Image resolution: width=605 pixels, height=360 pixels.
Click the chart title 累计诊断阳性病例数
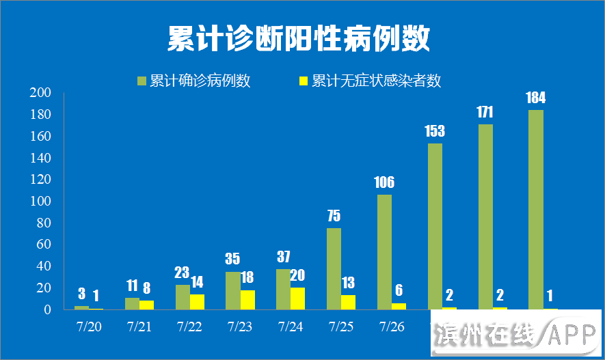[x=299, y=39]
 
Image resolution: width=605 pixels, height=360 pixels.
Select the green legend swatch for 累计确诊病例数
[x=142, y=81]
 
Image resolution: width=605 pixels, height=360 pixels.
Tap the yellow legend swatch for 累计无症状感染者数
[x=303, y=81]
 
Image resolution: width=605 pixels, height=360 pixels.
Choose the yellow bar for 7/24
[x=297, y=298]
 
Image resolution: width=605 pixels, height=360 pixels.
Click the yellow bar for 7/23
[x=247, y=299]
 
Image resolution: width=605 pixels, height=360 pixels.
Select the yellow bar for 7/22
[x=197, y=301]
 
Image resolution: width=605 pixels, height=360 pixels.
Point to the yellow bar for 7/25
[x=348, y=302]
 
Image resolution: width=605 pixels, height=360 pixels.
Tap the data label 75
[x=334, y=216]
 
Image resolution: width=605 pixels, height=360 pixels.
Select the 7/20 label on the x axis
[x=88, y=327]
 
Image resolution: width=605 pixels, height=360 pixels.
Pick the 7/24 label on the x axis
[x=290, y=327]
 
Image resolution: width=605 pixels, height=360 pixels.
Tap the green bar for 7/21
[x=132, y=303]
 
